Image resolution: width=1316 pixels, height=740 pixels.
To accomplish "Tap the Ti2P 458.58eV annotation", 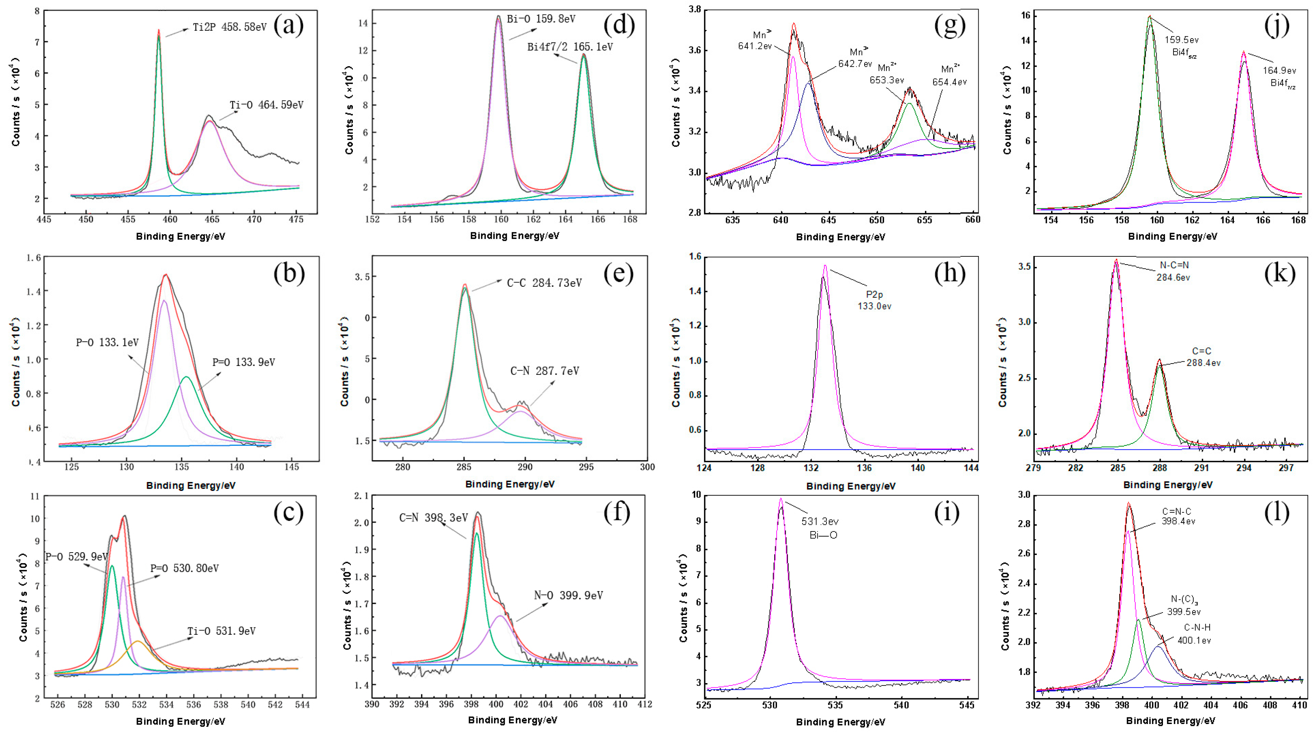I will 229,27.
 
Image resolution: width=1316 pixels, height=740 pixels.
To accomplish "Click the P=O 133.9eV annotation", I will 244,362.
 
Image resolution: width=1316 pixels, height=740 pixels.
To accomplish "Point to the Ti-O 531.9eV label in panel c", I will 221,631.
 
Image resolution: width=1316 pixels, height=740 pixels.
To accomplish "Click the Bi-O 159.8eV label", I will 541,19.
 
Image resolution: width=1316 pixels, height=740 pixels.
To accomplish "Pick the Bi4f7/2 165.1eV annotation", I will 570,47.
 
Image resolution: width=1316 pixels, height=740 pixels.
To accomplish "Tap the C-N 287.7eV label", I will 544,371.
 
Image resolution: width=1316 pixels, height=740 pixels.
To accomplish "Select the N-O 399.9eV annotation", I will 568,595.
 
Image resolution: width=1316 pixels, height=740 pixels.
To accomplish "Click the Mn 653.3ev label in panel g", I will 887,74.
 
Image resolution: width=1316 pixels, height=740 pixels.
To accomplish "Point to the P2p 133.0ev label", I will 874,300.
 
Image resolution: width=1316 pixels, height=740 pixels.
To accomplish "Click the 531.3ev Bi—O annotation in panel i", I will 820,528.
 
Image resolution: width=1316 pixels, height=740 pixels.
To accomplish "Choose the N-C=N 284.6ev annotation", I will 1174,271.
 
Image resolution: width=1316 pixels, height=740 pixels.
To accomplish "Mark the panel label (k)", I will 1279,274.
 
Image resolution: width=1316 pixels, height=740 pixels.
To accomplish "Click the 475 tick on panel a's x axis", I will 296,220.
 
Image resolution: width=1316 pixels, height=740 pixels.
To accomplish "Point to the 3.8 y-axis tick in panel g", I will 694,10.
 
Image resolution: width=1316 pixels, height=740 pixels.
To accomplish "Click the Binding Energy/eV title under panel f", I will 513,720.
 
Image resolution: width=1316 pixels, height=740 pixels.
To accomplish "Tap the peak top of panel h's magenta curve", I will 825,266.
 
